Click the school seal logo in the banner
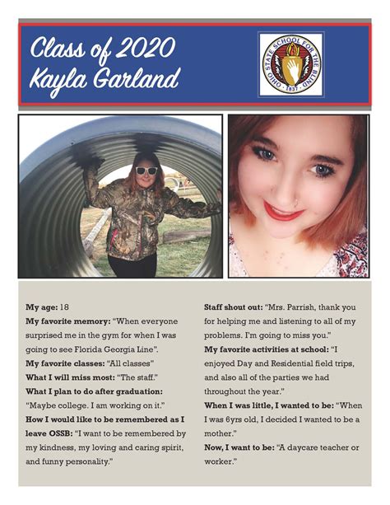tap(290, 64)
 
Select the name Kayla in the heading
tap(58, 81)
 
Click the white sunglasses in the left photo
tap(146, 171)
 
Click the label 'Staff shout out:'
tap(234, 306)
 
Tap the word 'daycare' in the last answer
tap(316, 447)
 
